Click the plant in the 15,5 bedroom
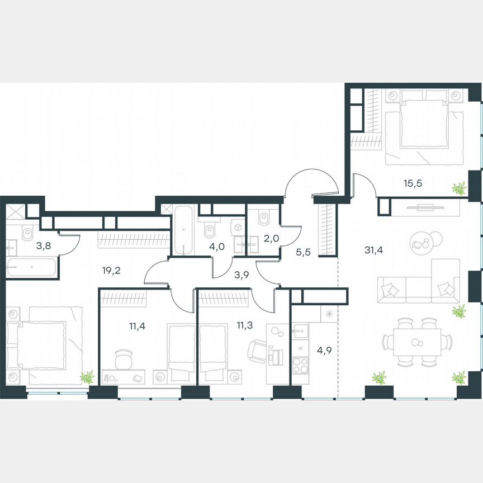point(460,188)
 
